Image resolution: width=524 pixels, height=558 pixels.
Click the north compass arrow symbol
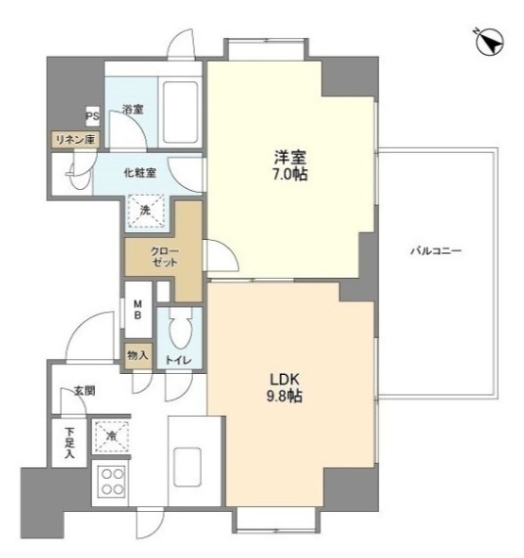(490, 42)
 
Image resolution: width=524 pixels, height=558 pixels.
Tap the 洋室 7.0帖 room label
(290, 165)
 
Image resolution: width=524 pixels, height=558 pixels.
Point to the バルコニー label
(436, 251)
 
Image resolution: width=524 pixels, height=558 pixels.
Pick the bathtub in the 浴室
(180, 113)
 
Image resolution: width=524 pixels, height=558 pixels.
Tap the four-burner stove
(113, 482)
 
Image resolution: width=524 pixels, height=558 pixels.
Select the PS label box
(92, 116)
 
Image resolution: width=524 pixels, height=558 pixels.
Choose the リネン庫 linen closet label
(75, 139)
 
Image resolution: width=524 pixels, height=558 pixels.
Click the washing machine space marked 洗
(146, 210)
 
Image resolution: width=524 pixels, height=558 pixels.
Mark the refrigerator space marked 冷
(111, 437)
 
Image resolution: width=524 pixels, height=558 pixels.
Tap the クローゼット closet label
(165, 256)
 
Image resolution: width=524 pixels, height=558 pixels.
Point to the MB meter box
(138, 309)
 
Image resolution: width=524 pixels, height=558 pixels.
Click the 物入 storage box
(138, 355)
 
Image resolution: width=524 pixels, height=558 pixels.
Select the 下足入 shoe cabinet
(70, 442)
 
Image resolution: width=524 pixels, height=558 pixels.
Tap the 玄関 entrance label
(85, 392)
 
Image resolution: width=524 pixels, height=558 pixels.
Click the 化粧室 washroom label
(140, 173)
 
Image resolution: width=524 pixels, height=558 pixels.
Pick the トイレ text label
(178, 360)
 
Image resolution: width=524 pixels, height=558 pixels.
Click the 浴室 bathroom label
(133, 110)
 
